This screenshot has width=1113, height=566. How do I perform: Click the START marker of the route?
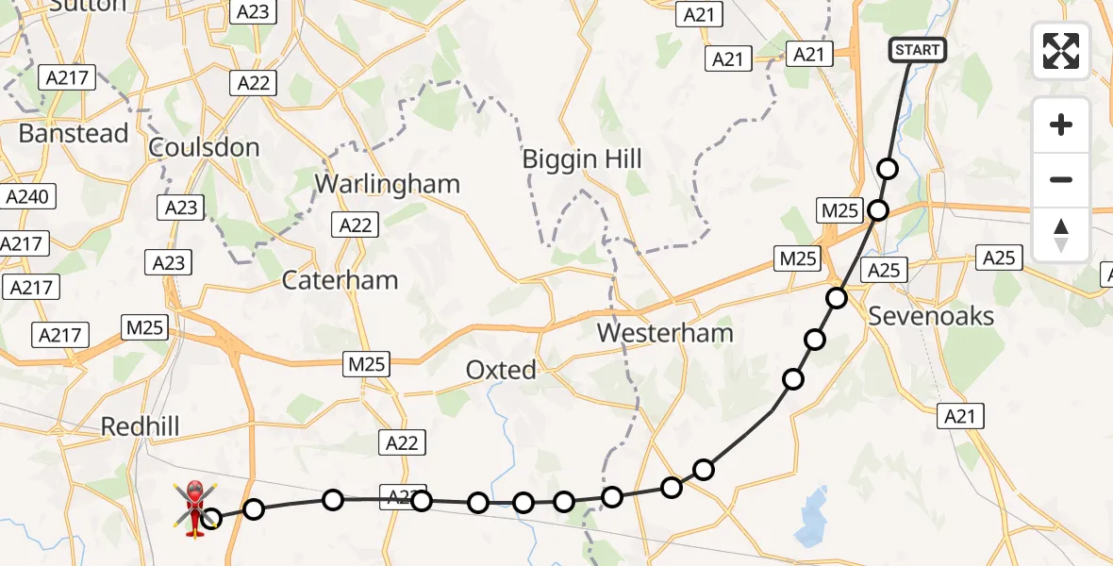918,50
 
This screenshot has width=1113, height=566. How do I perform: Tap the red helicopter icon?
194,508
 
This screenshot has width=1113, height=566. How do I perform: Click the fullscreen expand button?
1061,51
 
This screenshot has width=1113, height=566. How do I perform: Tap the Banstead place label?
74,134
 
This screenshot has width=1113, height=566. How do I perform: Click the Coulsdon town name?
204,147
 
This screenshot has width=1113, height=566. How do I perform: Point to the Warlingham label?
387,184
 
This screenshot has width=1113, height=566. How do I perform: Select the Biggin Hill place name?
582,159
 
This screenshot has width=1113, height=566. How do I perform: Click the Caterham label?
340,280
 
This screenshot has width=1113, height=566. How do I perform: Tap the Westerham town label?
665,333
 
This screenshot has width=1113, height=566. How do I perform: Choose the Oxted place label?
501,370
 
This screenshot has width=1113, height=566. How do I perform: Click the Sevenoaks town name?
931,316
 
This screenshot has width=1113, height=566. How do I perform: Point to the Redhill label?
140,426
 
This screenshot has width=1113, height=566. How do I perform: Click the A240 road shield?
28,196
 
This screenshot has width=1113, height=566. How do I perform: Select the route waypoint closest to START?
888,169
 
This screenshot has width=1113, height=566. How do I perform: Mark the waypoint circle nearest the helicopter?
212,518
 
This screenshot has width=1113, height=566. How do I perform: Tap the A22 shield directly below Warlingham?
355,225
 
